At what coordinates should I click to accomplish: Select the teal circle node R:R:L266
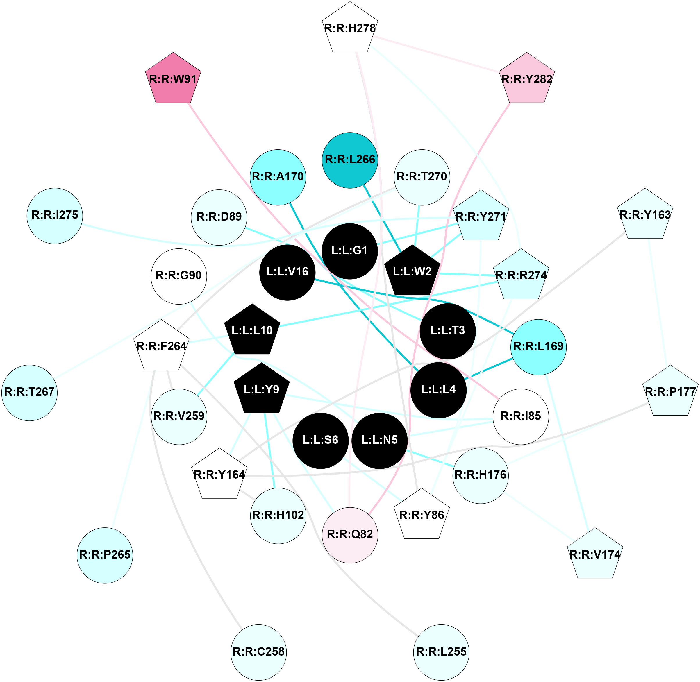point(350,160)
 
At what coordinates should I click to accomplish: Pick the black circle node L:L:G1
point(349,251)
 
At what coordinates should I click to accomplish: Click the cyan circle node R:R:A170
point(278,177)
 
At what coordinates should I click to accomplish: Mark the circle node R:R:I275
point(55,216)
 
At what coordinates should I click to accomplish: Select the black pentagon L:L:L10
point(252,330)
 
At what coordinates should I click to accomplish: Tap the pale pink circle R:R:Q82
point(350,535)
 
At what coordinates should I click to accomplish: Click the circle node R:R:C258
point(258,651)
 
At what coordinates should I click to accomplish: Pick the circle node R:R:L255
point(441,651)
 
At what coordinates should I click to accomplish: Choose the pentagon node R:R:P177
point(670,392)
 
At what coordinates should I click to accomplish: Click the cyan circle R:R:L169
point(538,347)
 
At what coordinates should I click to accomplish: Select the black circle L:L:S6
point(320,440)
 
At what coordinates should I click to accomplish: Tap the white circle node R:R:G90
point(178,276)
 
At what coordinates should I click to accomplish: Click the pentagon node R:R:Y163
point(645,215)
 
